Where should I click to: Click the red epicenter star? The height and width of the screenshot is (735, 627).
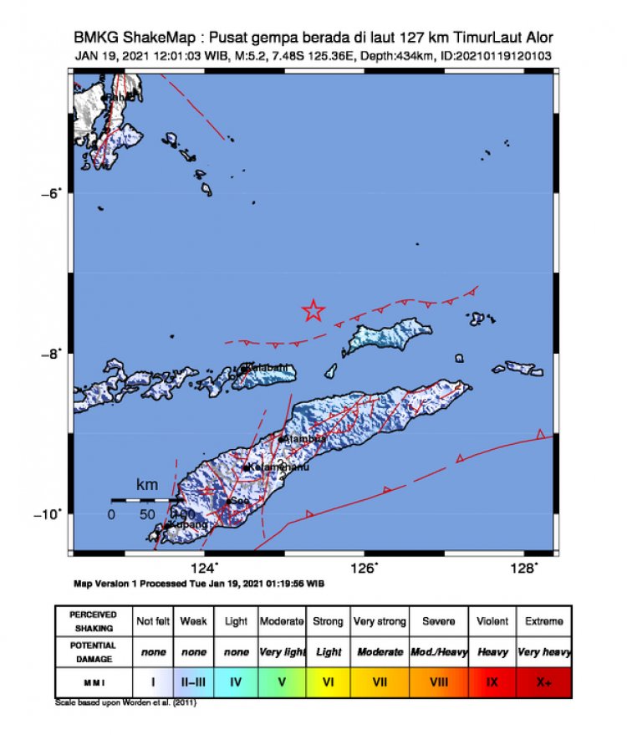point(313,310)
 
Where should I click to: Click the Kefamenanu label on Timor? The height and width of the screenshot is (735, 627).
point(280,467)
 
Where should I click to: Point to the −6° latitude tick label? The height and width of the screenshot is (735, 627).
point(51,193)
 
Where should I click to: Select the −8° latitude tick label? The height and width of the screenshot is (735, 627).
point(51,354)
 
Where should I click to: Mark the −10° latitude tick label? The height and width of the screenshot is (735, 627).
point(48,513)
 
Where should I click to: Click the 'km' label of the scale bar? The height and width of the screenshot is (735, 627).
point(147,485)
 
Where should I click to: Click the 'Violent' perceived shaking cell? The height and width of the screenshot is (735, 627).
point(492,621)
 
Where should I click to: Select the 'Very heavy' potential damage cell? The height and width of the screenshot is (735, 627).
point(544,651)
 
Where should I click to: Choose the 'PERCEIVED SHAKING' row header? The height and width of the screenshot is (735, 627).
point(93,621)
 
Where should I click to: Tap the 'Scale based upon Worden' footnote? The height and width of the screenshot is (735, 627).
point(125,702)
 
